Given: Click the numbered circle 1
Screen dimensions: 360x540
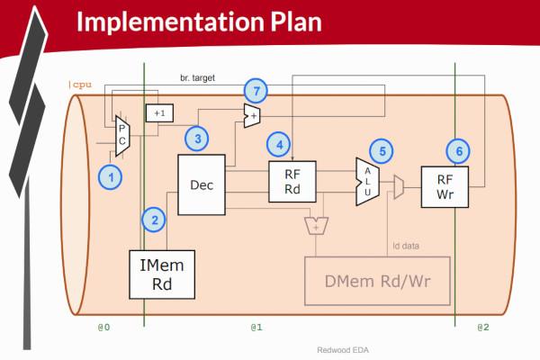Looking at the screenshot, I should point(110,177).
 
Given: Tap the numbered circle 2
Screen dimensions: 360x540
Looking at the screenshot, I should point(155,219).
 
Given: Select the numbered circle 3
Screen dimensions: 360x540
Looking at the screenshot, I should point(197,138).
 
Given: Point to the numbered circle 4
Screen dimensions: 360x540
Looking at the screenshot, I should point(279,144).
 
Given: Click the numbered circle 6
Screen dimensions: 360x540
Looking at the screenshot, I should point(459,151).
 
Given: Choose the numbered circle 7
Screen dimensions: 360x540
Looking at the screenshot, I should point(257,91).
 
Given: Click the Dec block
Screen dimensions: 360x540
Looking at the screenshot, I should point(201,184).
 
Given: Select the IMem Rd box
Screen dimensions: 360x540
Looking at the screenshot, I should point(164,274).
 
